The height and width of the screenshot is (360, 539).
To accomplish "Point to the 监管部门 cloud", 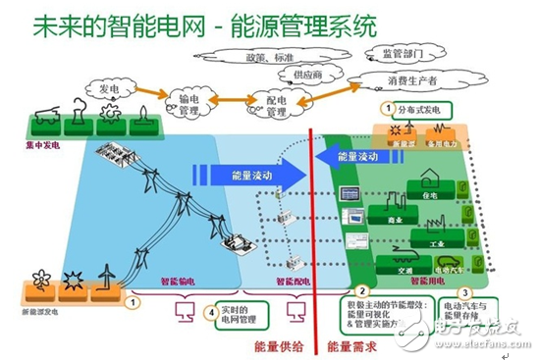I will [x=400, y=53].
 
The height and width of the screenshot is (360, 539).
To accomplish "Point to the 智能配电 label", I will [x=291, y=281].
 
